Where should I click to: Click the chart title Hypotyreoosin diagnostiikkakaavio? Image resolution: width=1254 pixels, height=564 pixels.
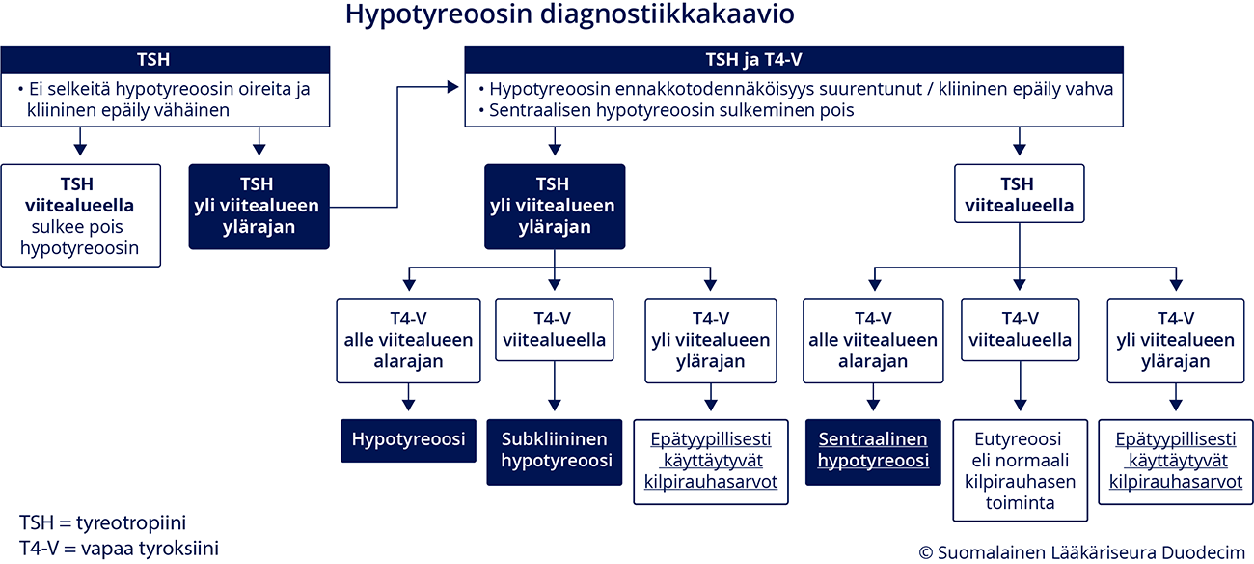569,15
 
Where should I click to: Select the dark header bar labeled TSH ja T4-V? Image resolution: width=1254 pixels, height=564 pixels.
794,60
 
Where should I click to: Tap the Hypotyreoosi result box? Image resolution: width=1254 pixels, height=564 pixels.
409,440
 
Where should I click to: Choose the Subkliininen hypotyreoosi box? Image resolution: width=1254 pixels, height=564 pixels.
555,452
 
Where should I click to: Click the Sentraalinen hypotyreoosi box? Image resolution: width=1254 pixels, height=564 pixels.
873,452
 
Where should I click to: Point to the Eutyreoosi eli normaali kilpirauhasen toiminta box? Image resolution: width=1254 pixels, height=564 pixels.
1020,470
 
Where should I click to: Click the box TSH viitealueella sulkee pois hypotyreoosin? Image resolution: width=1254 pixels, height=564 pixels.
81,215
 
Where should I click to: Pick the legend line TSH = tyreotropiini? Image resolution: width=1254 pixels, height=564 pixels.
103,522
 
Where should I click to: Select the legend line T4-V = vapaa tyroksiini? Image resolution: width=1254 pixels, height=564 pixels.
119,549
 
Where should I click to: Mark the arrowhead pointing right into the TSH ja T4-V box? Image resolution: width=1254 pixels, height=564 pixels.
453,87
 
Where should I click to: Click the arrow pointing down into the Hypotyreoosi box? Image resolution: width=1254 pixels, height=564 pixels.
409,397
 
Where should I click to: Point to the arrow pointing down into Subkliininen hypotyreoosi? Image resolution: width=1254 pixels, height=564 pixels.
555,385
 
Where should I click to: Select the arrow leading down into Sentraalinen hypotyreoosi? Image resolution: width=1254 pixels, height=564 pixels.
873,397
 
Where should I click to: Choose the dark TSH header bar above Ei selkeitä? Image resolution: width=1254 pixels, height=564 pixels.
165,60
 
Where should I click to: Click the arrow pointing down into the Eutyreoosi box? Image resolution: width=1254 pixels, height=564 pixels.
1020,385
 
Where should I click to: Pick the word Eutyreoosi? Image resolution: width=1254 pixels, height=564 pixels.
1018,439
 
